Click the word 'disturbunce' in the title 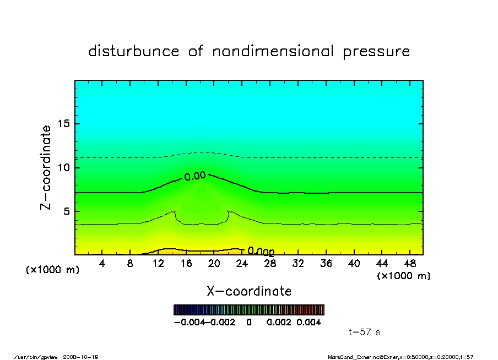click(x=133, y=52)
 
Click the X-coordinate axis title click(x=249, y=291)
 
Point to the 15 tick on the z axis click(x=64, y=124)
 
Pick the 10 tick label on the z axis click(x=64, y=167)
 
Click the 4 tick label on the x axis click(x=102, y=264)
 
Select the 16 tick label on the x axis click(x=186, y=264)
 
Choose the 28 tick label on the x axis click(x=270, y=264)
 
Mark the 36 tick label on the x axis click(x=326, y=264)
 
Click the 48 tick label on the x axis click(x=409, y=264)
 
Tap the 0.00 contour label click(x=194, y=176)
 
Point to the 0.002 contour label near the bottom click(x=261, y=252)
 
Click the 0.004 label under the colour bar click(x=309, y=323)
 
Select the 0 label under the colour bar click(x=249, y=323)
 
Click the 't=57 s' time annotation click(x=365, y=332)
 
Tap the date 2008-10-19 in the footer click(x=85, y=357)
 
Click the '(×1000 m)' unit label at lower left click(x=53, y=270)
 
